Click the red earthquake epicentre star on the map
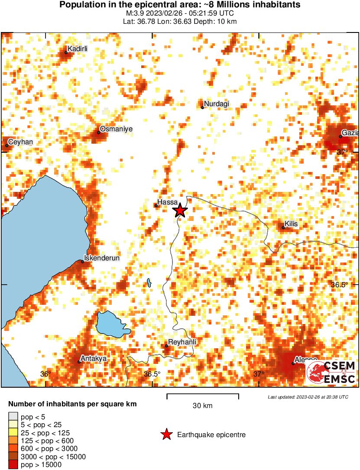pos(180,211)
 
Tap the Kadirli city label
pos(78,49)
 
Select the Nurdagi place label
pos(216,104)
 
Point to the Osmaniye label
pos(116,129)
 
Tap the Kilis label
pos(292,224)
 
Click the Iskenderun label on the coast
pos(101,258)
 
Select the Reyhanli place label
pos(182,342)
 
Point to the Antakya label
pos(94,359)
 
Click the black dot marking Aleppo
pos(293,363)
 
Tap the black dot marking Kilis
pos(283,227)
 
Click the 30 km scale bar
pos(203,395)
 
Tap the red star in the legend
pos(166,434)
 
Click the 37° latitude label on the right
pos(343,152)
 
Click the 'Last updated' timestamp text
pos(308,397)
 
